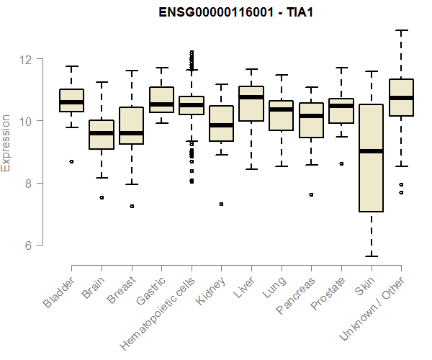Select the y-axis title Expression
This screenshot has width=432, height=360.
click(6, 143)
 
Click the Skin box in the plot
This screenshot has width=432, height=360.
click(371, 158)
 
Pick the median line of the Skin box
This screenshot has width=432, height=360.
click(371, 151)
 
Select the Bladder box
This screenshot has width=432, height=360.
click(71, 100)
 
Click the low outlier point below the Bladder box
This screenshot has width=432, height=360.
click(71, 161)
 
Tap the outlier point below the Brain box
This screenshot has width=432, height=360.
click(102, 197)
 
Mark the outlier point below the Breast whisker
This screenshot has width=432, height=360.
click(131, 206)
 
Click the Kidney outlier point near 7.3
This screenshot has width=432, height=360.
click(221, 204)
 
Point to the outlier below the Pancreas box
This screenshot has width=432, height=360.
click(311, 194)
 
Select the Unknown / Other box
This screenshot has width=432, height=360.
click(401, 97)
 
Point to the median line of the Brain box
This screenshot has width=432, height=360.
click(102, 133)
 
